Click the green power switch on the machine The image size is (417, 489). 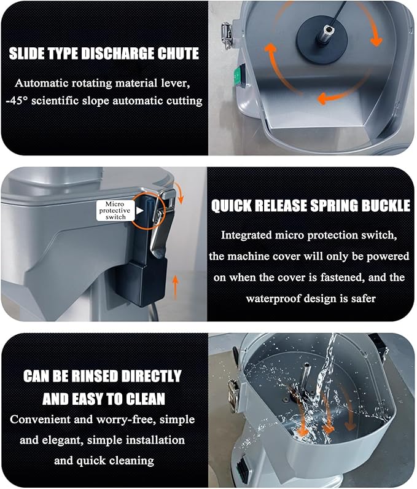coord(240,75)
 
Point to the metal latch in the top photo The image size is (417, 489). coord(227,36)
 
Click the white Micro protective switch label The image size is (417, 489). coord(116,211)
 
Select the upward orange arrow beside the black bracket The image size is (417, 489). coord(176,288)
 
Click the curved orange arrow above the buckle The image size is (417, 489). coord(179,192)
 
